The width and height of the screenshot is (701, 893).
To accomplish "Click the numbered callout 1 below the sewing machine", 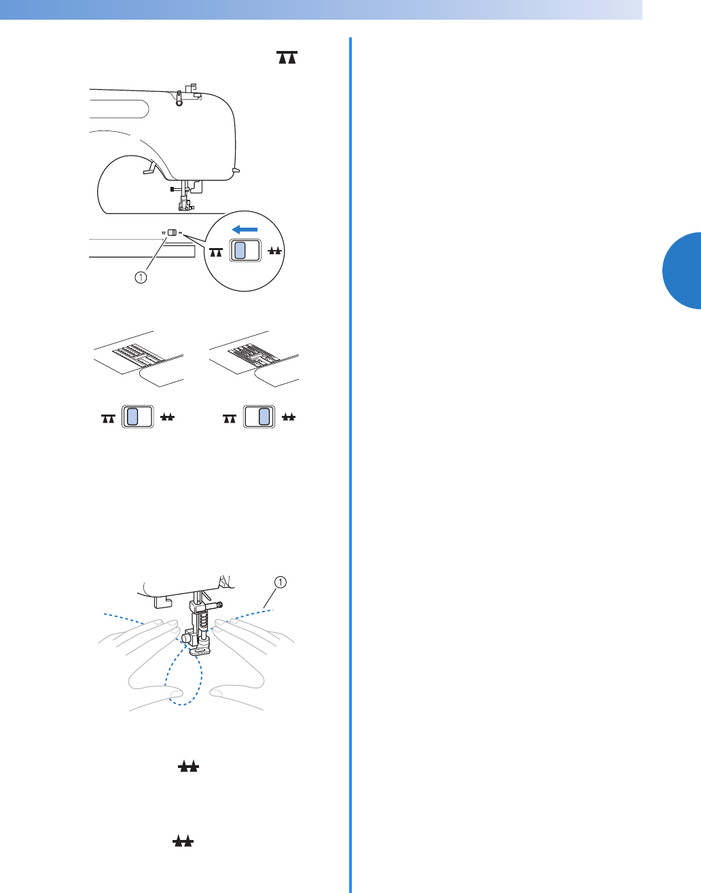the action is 140,277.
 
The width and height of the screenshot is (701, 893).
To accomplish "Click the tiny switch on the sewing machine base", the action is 172,232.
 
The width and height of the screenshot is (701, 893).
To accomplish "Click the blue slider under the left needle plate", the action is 132,417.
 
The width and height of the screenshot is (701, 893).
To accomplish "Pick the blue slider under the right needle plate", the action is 264,417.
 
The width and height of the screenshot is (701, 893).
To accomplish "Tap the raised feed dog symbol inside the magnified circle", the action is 275,251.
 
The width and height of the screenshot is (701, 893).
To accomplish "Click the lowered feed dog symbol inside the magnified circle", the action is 216,252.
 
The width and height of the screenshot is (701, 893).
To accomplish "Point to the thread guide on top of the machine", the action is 190,92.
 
